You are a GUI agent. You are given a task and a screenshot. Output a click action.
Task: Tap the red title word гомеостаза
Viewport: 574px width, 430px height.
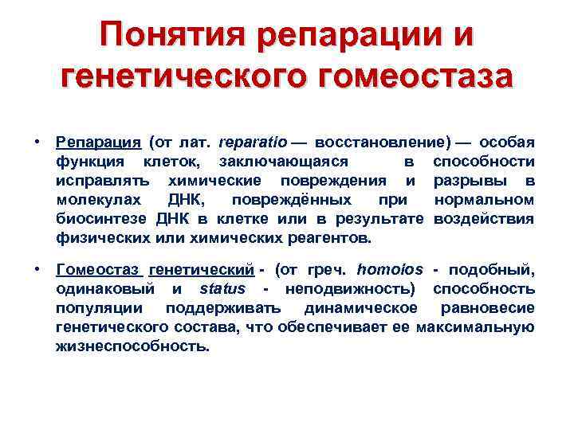(x=405, y=77)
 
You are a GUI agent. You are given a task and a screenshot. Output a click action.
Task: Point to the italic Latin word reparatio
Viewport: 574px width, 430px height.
(x=252, y=143)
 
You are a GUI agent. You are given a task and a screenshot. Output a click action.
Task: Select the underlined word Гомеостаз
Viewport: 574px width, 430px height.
(x=98, y=271)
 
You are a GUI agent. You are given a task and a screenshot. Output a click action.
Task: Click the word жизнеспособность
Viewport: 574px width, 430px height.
(x=132, y=347)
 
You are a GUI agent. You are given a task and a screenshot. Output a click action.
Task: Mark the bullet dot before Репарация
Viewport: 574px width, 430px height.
(x=38, y=142)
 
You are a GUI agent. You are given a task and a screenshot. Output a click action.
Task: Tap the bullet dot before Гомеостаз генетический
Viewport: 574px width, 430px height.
(x=38, y=270)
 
